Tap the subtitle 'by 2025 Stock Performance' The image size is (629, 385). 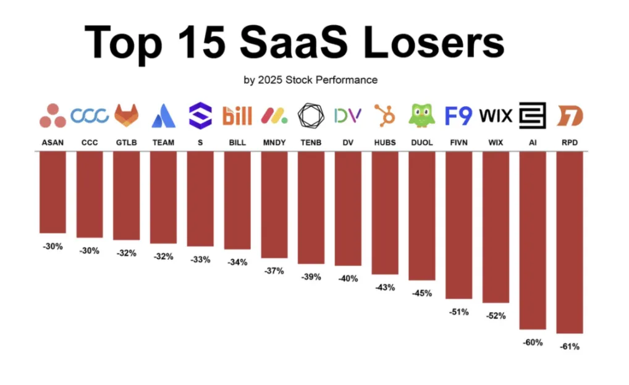click(x=311, y=80)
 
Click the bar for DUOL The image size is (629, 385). click(x=422, y=216)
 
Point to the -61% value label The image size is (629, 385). click(x=570, y=347)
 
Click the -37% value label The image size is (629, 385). click(x=274, y=271)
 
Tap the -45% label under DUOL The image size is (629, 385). click(x=422, y=293)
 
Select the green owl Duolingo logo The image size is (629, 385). click(x=422, y=115)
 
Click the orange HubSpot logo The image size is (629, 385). click(x=385, y=115)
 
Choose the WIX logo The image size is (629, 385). click(x=496, y=115)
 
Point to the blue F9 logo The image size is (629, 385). click(x=458, y=115)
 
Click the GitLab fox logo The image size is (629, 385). click(x=127, y=115)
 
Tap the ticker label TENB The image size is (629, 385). click(x=311, y=143)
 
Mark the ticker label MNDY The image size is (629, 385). click(x=274, y=143)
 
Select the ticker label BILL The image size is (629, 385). click(x=237, y=143)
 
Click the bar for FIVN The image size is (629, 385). click(x=458, y=225)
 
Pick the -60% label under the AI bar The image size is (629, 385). click(x=533, y=342)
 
